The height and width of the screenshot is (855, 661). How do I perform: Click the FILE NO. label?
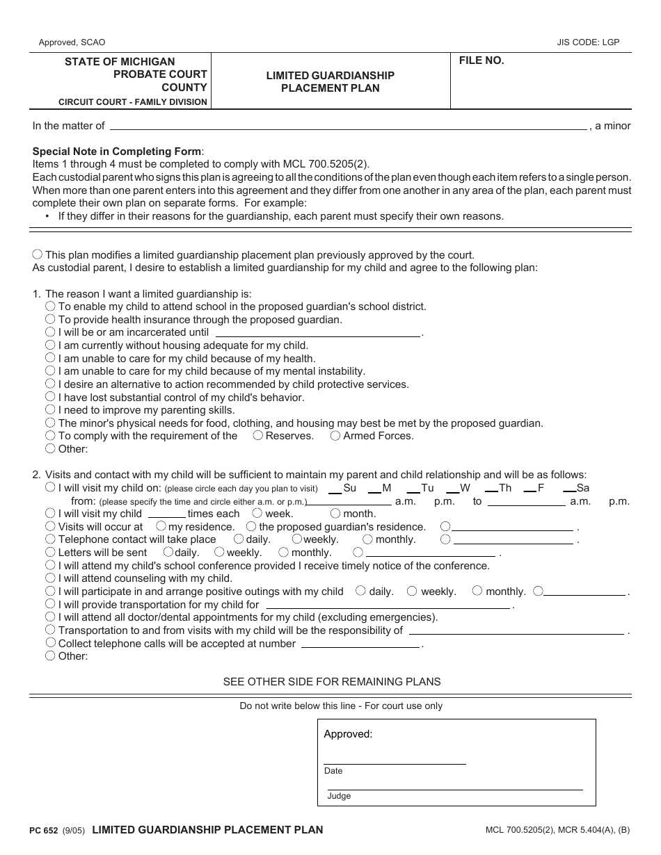[481, 61]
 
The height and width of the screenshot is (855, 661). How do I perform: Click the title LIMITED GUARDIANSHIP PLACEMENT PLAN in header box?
[330, 81]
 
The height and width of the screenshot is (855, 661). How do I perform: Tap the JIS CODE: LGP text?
[588, 42]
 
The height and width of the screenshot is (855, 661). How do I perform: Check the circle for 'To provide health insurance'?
[50, 319]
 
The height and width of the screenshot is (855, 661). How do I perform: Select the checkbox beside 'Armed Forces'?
[335, 435]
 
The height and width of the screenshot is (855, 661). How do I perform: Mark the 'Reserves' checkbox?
[257, 435]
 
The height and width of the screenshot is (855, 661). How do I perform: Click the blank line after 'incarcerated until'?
[317, 334]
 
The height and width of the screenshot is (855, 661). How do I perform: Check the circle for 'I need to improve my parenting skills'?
[50, 409]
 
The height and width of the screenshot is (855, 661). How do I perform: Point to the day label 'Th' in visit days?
[505, 488]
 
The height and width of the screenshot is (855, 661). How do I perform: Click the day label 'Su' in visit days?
[349, 488]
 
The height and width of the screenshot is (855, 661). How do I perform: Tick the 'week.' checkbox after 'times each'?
[257, 513]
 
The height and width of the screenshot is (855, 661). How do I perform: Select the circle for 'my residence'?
[161, 526]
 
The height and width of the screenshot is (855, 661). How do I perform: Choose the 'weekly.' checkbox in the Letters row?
[219, 552]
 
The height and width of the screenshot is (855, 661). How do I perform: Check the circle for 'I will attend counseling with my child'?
[50, 578]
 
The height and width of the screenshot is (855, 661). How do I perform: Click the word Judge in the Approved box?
[339, 796]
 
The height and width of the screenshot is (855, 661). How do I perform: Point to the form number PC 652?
[45, 830]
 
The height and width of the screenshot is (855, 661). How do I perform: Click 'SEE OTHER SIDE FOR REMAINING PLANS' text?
[331, 681]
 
